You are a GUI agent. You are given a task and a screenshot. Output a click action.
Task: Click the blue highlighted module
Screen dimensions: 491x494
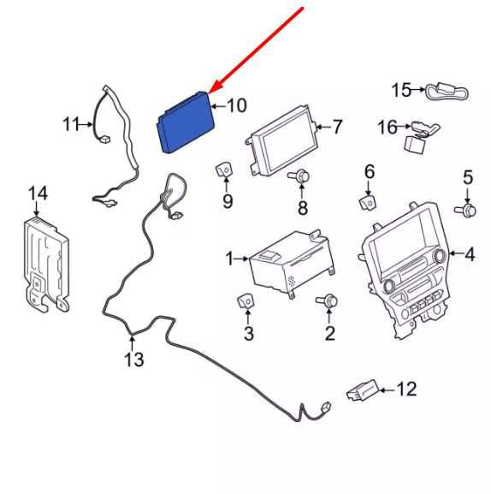pos(186,122)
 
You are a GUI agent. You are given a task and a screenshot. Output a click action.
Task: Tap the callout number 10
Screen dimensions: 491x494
pos(237,105)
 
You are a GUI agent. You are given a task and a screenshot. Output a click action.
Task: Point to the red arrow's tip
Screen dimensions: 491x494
pos(209,93)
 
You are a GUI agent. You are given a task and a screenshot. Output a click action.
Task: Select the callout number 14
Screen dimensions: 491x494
pos(38,193)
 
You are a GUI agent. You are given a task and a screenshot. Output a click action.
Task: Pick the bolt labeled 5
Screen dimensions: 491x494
pos(465,211)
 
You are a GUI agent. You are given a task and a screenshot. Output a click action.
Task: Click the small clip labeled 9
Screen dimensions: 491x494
pos(224,170)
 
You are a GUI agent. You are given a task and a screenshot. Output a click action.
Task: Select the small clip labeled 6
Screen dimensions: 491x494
pos(368,202)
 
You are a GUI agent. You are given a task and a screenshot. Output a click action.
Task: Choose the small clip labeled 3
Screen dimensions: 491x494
pos(245,302)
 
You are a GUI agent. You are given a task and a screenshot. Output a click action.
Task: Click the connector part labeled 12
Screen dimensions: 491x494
pos(362,390)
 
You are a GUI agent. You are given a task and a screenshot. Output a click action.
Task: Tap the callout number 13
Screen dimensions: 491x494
pos(134,360)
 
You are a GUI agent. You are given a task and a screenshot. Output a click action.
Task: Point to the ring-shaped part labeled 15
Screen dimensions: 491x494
pos(447,92)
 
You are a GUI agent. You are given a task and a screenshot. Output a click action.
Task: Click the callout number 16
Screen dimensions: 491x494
pos(387,128)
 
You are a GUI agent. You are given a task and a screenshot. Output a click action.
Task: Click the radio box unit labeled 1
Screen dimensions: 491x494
pos(291,264)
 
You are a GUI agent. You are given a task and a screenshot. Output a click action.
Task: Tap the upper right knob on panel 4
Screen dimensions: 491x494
pos(440,256)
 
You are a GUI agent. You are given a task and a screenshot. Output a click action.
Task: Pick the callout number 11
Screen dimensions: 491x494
pos(71,124)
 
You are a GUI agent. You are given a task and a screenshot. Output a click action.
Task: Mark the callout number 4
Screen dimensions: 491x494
pos(470,254)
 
